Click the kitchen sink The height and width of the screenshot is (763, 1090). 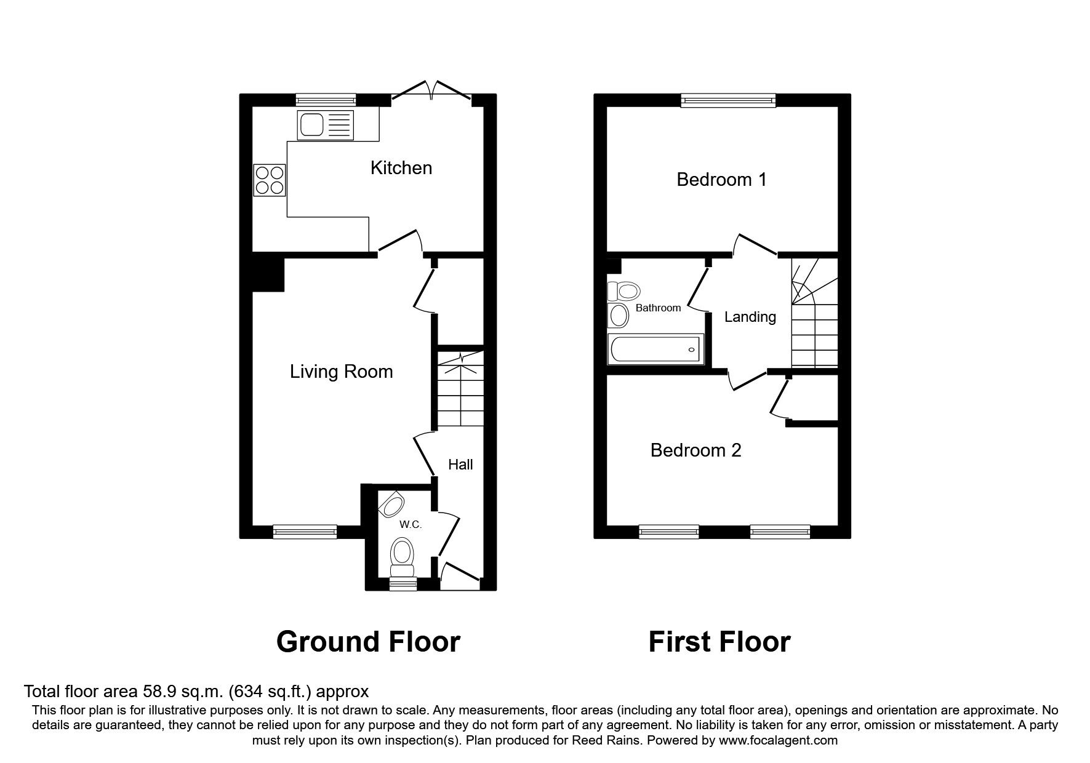[x=326, y=125]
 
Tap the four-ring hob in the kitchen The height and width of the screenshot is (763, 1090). [x=270, y=180]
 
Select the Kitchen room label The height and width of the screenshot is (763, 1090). [x=401, y=168]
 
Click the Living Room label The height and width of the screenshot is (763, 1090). [x=341, y=372]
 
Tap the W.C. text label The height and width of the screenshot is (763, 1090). [x=411, y=524]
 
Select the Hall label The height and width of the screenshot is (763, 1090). [x=460, y=465]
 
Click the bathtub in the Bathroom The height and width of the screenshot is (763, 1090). [x=655, y=350]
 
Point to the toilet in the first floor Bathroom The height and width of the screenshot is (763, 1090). [x=623, y=290]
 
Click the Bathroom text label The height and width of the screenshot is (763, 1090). [x=658, y=308]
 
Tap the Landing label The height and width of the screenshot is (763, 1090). [x=750, y=317]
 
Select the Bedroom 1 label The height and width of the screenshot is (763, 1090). [x=721, y=180]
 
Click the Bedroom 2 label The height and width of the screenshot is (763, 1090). [x=695, y=450]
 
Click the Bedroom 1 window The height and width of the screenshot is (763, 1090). [x=728, y=100]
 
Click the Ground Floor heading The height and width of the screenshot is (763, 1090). [x=368, y=642]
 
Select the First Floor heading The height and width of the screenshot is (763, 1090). [x=719, y=642]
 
